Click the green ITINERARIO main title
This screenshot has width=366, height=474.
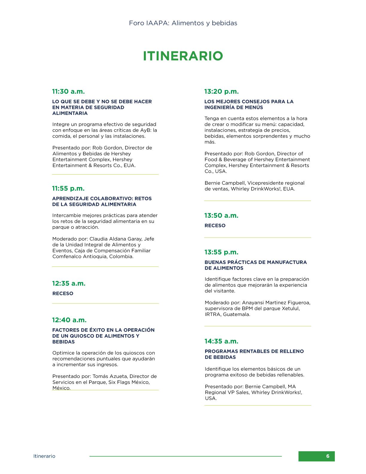pyautogui.click(x=183, y=56)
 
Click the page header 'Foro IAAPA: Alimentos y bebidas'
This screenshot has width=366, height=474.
pyautogui.click(x=183, y=23)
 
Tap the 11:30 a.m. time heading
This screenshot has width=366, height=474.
pyautogui.click(x=68, y=91)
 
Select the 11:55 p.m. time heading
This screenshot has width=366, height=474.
pyautogui.click(x=68, y=189)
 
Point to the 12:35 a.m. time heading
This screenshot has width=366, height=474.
pyautogui.click(x=69, y=283)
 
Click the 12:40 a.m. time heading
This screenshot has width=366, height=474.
pyautogui.click(x=69, y=320)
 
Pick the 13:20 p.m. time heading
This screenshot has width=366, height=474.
pyautogui.click(x=221, y=91)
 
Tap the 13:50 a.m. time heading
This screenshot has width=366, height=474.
pyautogui.click(x=221, y=215)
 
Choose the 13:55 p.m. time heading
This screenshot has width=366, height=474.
pyautogui.click(x=221, y=252)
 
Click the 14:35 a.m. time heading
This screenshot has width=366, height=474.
pyautogui.click(x=221, y=341)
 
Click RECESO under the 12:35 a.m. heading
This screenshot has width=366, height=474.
pyautogui.click(x=63, y=294)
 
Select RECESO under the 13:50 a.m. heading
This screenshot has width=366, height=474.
pyautogui.click(x=215, y=226)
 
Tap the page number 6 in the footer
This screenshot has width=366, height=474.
pyautogui.click(x=328, y=456)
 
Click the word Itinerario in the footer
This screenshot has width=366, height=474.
pyautogui.click(x=44, y=456)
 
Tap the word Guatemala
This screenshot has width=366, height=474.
pyautogui.click(x=237, y=314)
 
